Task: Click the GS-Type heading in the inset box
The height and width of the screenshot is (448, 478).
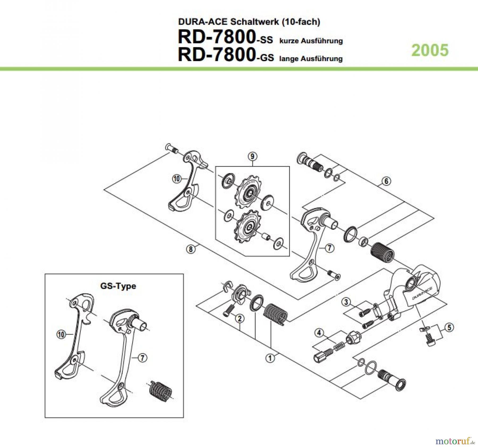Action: (118, 286)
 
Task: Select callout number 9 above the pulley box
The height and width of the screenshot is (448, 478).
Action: (252, 156)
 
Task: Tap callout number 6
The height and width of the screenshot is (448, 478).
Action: (386, 181)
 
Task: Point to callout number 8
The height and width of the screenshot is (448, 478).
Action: (191, 249)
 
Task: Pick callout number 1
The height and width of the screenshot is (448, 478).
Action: (270, 358)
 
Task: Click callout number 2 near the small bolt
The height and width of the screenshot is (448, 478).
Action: (240, 319)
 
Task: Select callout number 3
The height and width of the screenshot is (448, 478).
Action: (346, 302)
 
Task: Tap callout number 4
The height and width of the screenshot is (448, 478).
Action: (319, 333)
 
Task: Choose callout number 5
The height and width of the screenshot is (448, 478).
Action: (449, 327)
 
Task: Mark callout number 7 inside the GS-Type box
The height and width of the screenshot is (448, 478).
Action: (142, 358)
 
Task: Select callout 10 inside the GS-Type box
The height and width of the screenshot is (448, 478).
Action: (61, 334)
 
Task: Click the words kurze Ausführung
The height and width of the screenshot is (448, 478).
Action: (311, 41)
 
